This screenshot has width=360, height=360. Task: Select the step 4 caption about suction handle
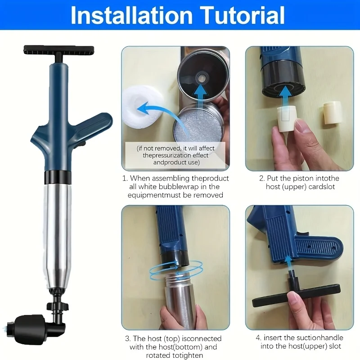pyautogui.click(x=299, y=342)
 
